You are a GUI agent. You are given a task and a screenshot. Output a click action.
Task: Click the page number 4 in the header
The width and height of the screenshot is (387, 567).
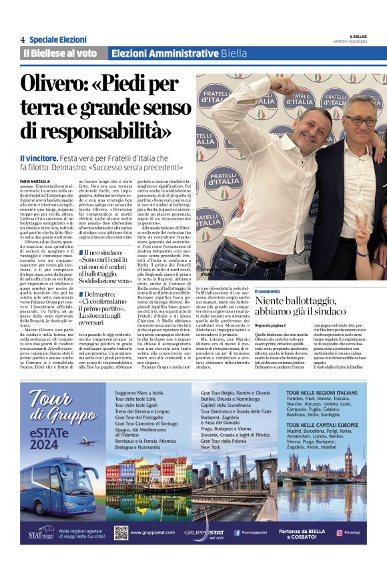pyautogui.click(x=22, y=40)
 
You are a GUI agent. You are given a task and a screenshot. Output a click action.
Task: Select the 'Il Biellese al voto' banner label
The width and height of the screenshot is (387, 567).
pyautogui.click(x=59, y=53)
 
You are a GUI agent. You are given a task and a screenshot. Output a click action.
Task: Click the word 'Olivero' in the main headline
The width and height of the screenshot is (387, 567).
pyautogui.click(x=60, y=86)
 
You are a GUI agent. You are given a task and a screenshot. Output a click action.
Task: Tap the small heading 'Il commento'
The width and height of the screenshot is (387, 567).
pyautogui.click(x=268, y=291)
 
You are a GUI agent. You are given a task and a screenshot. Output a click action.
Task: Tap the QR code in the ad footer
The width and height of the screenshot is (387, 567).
pyautogui.click(x=121, y=532)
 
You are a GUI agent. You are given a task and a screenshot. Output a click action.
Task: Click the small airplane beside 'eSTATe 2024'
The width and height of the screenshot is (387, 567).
pyautogui.click(x=87, y=441)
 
